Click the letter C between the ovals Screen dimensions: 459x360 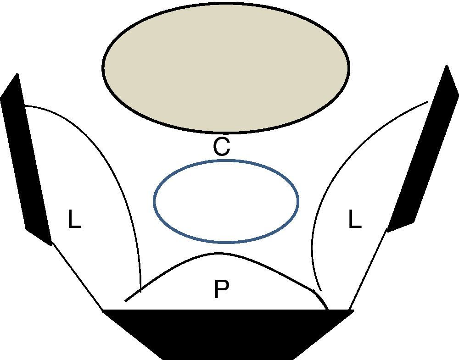221,147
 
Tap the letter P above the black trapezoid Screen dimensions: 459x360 221,290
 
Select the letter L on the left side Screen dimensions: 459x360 74,220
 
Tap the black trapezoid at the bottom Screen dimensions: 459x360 228,332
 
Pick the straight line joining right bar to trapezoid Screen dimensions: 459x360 367,271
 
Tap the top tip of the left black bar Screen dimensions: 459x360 17,74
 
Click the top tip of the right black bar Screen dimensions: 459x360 446,66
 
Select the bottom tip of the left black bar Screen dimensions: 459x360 50,244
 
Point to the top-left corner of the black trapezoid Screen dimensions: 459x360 103,310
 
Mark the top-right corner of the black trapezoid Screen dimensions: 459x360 353,310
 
